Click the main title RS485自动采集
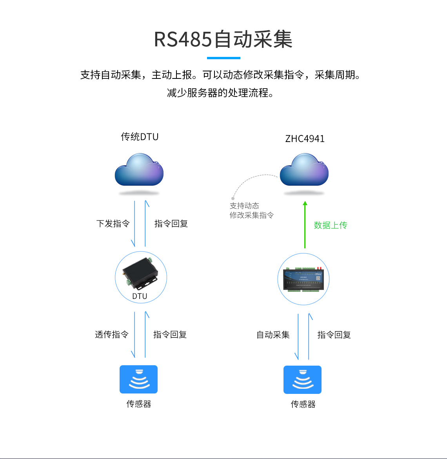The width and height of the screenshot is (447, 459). click(x=223, y=40)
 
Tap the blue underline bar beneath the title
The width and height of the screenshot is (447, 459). click(x=223, y=58)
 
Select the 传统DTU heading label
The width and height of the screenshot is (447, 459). click(x=140, y=137)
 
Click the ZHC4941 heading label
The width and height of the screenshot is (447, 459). click(x=305, y=139)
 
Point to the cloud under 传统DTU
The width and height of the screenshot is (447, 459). click(x=139, y=171)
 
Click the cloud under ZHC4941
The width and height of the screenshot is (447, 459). click(x=304, y=171)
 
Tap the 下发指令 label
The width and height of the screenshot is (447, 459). click(x=113, y=224)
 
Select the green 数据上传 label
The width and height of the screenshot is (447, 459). click(x=330, y=225)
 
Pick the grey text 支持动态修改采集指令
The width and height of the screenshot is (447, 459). click(x=251, y=211)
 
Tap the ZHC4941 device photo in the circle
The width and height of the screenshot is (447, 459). click(x=303, y=279)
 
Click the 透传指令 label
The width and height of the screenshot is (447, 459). click(x=112, y=335)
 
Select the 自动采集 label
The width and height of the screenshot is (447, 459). click(x=273, y=335)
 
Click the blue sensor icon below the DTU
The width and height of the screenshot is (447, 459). click(x=138, y=379)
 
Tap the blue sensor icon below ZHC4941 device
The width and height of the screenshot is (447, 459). click(x=302, y=380)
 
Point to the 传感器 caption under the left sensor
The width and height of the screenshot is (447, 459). click(x=138, y=404)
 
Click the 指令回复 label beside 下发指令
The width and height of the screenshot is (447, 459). click(x=171, y=224)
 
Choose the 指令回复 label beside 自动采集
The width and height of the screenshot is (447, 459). click(x=334, y=335)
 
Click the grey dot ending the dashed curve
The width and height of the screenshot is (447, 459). click(x=233, y=199)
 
